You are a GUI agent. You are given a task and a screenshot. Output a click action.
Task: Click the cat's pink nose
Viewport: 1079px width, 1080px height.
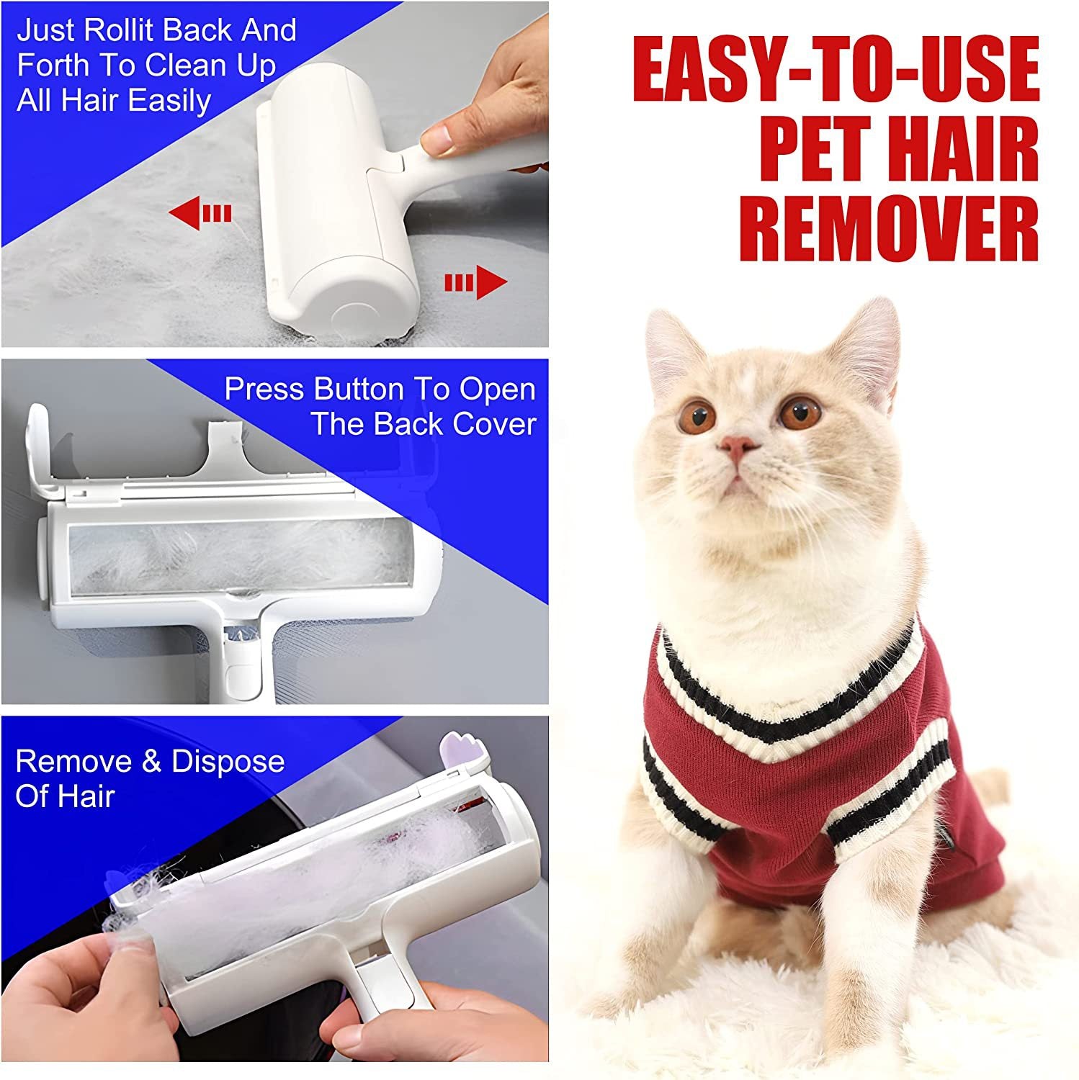pos(739,447)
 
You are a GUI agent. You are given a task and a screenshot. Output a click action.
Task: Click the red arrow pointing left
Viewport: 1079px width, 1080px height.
pos(200,214)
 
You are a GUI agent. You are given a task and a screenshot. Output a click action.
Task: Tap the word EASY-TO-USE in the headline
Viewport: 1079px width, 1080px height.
pos(836,70)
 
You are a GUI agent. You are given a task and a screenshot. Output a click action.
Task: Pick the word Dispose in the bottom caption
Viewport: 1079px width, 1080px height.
pos(228,762)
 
